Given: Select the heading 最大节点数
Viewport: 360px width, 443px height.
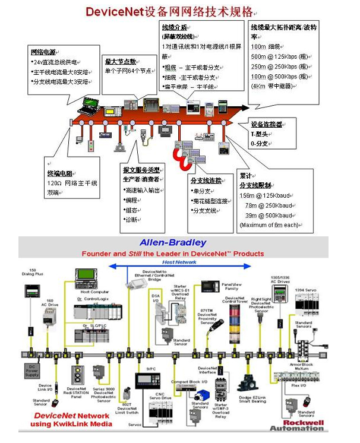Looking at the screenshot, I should coord(121,61).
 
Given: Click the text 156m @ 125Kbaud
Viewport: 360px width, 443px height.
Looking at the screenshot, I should coord(266,195).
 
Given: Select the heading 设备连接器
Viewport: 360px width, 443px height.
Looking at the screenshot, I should coord(266,125).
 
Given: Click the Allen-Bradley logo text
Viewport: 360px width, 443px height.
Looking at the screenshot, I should coord(173,242).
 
